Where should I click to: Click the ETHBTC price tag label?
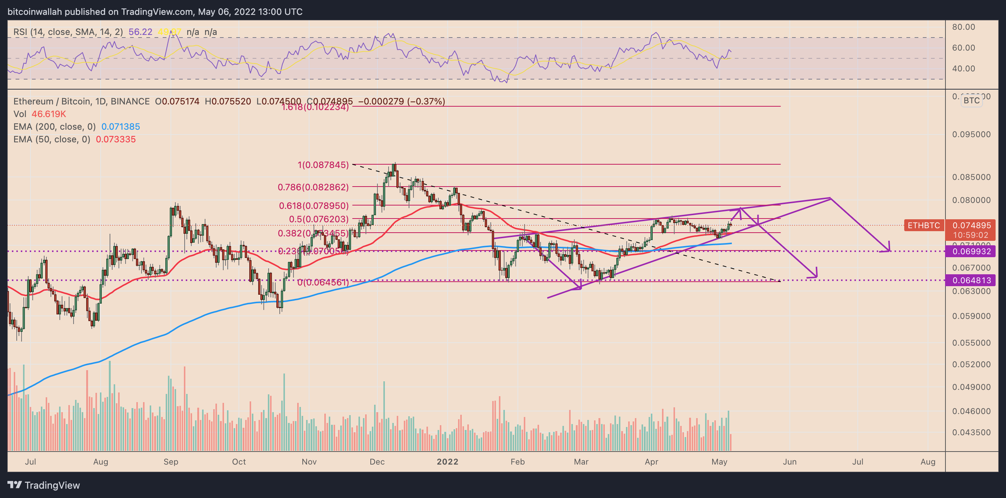tap(923, 225)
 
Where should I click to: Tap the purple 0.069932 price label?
tap(971, 251)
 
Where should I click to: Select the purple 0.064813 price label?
tap(971, 280)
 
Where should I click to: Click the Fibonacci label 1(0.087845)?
tap(323, 165)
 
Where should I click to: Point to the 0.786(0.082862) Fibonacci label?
tap(313, 187)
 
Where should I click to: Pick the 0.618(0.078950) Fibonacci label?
tap(314, 206)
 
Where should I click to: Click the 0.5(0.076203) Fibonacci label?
tap(318, 219)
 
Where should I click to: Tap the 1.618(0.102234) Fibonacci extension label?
tap(315, 107)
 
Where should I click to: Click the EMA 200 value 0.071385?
tap(120, 127)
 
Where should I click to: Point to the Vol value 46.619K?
tap(49, 114)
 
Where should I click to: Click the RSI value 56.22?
tap(140, 32)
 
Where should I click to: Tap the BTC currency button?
tap(971, 100)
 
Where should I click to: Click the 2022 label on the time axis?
tap(447, 462)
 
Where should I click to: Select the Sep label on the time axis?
tap(171, 462)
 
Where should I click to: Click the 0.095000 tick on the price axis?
tap(971, 135)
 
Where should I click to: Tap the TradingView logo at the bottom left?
tap(44, 485)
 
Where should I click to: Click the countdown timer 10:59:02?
tap(970, 235)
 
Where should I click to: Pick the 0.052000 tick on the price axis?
tap(971, 365)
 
